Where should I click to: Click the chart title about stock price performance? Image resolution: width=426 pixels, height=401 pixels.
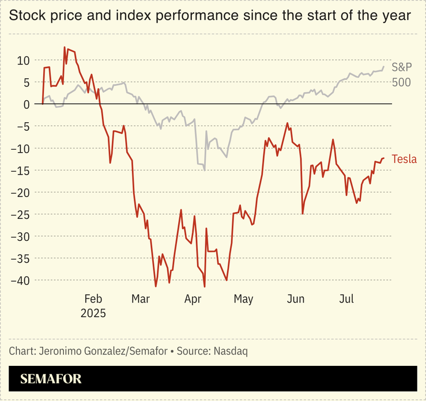210,16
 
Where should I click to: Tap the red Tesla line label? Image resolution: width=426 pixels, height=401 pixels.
404,160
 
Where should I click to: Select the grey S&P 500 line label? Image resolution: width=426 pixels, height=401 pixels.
401,74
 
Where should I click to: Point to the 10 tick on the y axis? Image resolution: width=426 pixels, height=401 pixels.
23,60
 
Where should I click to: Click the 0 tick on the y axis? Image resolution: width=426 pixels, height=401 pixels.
26,104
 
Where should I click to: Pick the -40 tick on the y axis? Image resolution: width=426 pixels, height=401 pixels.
21,281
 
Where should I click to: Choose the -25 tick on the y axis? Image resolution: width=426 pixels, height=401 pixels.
21,214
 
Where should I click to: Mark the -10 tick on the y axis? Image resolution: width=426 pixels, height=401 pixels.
21,148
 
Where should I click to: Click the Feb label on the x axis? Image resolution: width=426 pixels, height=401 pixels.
93,299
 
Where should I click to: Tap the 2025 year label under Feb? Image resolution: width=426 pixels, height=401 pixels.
93,313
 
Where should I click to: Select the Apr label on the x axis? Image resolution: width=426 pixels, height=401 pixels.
193,299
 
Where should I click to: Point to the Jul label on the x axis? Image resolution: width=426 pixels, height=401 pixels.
346,299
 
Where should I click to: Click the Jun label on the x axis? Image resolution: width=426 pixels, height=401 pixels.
296,299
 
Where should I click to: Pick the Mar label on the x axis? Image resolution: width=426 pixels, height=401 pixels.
141,299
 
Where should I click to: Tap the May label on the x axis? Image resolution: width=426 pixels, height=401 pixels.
243,299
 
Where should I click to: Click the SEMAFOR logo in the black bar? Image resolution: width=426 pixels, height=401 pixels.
51,379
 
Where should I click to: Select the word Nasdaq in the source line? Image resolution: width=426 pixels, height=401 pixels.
230,350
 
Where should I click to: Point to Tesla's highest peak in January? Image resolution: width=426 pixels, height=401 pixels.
65,47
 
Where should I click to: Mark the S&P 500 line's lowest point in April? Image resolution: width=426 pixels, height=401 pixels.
205,171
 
